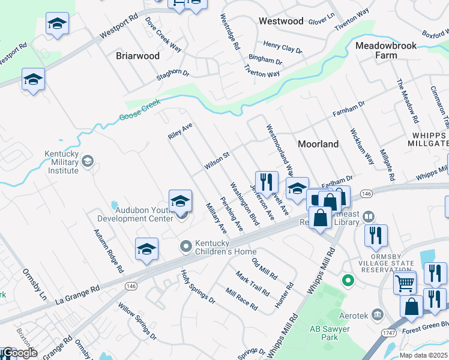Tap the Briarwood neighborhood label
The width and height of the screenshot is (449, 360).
pyautogui.click(x=137, y=56)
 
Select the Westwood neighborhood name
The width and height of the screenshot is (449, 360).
pyautogui.click(x=281, y=21)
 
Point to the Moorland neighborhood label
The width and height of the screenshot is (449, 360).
pyautogui.click(x=318, y=144)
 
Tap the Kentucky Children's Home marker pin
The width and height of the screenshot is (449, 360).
pyautogui.click(x=185, y=246)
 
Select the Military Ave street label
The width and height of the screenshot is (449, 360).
pyautogui.click(x=216, y=218)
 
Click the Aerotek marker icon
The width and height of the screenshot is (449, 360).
pyautogui.click(x=377, y=313)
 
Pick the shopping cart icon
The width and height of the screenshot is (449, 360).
pyautogui.click(x=405, y=281)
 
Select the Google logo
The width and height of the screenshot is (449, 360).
pyautogui.click(x=19, y=352)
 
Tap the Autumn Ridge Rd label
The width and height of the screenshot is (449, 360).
pyautogui.click(x=108, y=251)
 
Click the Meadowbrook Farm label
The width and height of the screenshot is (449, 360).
pyautogui.click(x=384, y=50)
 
